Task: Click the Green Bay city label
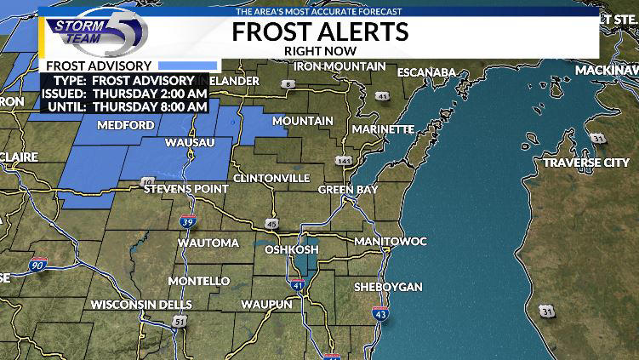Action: (347, 189)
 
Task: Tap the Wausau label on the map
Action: (189, 141)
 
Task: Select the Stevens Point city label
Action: (185, 188)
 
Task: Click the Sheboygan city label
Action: (388, 287)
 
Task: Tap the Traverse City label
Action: (586, 163)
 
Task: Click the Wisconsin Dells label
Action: (141, 304)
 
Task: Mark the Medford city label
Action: (125, 125)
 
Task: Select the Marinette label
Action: (385, 129)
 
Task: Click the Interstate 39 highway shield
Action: (189, 222)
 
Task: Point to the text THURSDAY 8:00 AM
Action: (151, 106)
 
